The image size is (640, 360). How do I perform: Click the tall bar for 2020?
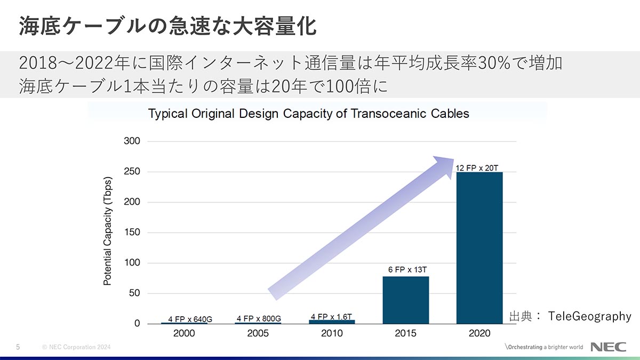(479, 247)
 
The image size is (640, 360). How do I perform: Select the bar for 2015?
(406, 300)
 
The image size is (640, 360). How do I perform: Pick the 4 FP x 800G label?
(259, 319)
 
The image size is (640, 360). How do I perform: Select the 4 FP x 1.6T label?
(331, 317)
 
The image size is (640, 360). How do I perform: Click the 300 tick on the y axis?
(132, 141)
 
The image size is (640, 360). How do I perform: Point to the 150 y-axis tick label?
(132, 233)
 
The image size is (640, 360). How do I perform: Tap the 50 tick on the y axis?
(134, 293)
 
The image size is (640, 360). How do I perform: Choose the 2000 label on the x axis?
(185, 333)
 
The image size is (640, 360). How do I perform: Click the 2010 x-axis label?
(332, 333)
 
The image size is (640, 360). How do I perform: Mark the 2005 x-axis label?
(258, 333)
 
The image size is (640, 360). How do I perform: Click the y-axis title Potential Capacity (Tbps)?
(108, 230)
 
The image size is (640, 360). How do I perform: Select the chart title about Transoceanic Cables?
(308, 114)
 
